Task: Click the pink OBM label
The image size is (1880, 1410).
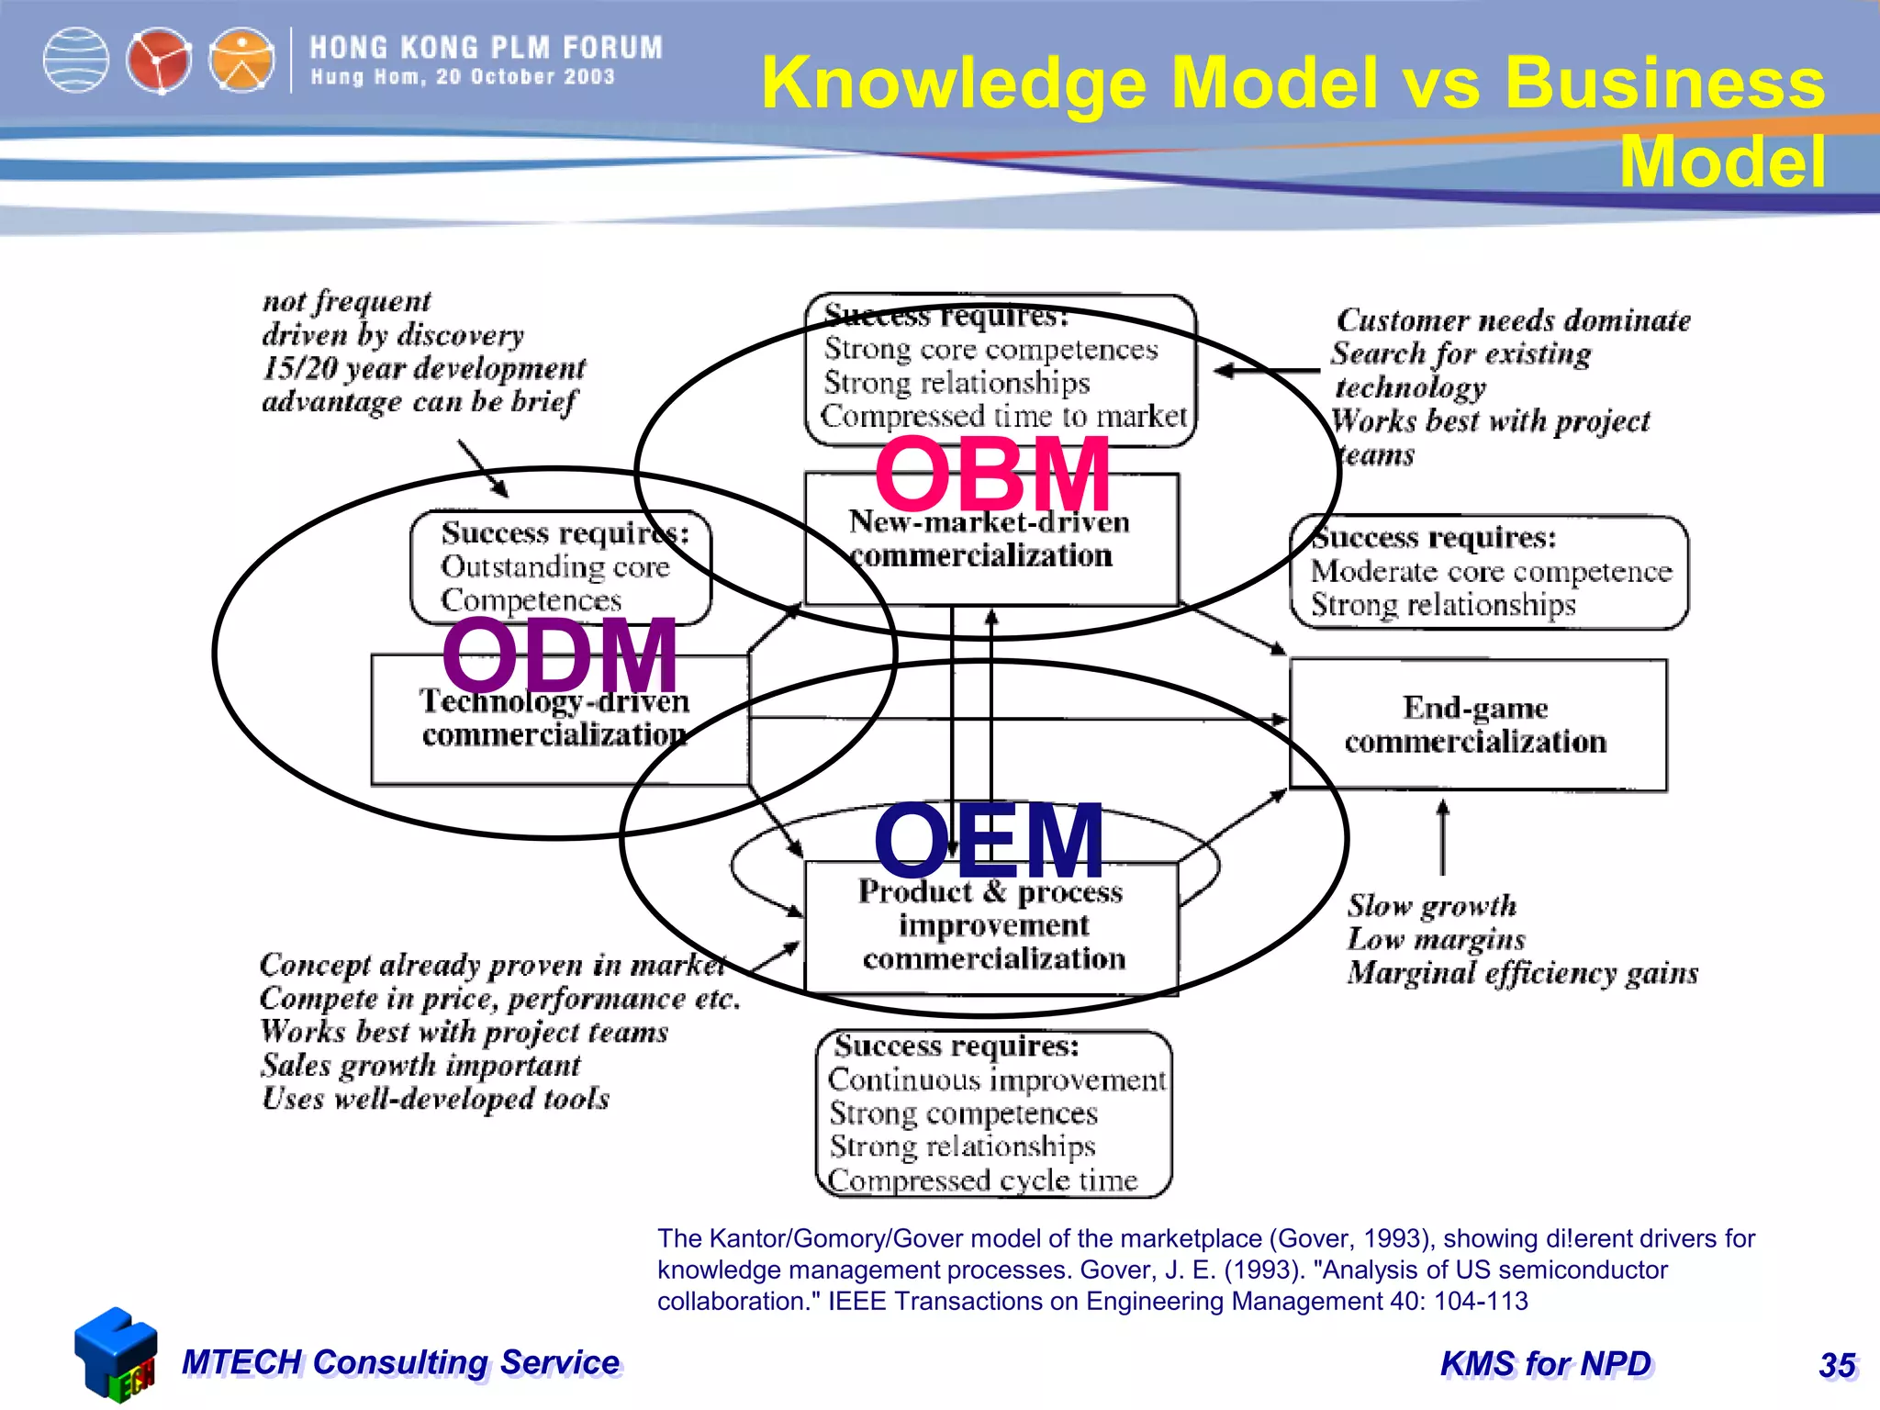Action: click(x=991, y=475)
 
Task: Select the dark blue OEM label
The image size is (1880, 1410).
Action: click(x=989, y=840)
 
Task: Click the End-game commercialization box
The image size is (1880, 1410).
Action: click(x=1477, y=724)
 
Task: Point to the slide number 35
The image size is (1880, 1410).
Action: click(x=1837, y=1365)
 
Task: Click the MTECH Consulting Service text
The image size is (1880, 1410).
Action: click(x=401, y=1362)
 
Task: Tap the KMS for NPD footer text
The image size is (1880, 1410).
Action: click(x=1546, y=1364)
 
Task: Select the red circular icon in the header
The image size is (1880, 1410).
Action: click(x=159, y=62)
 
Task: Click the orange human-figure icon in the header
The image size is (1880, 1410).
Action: click(x=241, y=62)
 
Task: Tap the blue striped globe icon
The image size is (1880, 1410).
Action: click(x=76, y=62)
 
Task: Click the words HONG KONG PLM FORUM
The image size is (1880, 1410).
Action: click(x=486, y=48)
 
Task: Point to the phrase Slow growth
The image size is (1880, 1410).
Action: click(x=1431, y=906)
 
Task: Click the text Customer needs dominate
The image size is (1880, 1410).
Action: click(x=1513, y=320)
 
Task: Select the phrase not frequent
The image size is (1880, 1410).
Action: click(x=346, y=301)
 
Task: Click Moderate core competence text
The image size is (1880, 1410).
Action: click(x=1491, y=571)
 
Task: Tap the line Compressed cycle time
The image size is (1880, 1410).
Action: click(x=982, y=1180)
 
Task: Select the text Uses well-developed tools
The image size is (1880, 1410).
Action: click(x=435, y=1099)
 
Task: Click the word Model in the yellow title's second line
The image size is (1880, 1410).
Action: click(x=1722, y=162)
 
